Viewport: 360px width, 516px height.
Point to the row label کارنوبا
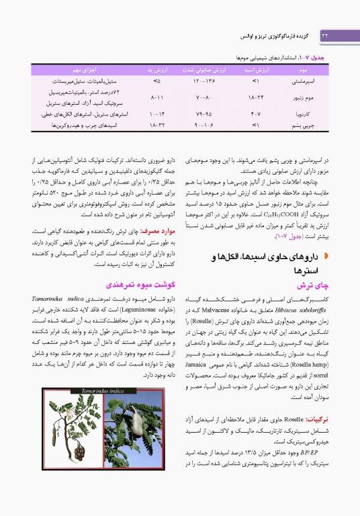300,114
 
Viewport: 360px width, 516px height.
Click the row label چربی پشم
299,124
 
